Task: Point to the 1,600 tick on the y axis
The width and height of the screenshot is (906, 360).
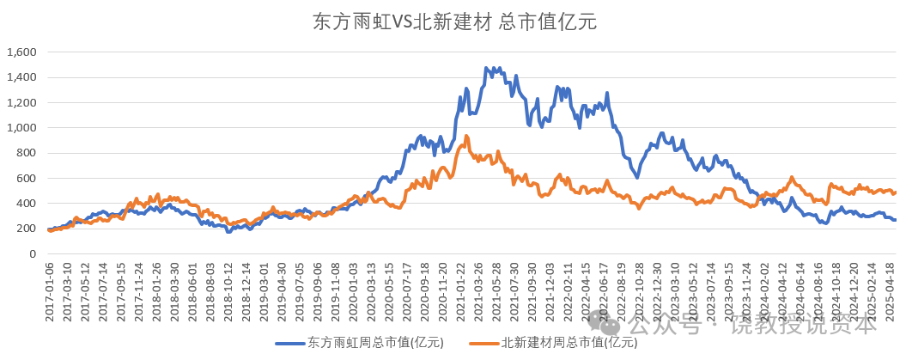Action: [x=21, y=52]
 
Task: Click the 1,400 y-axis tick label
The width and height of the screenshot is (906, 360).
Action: [x=21, y=77]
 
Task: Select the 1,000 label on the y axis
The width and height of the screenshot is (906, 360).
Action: [x=21, y=128]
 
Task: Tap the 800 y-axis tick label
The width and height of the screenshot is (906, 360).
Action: [x=27, y=153]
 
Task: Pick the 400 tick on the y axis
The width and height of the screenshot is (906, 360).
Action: [x=27, y=204]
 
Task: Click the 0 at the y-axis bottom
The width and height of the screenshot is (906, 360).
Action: [x=33, y=254]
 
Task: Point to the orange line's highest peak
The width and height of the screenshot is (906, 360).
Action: [x=466, y=136]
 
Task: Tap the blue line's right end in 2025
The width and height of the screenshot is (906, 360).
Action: [x=895, y=220]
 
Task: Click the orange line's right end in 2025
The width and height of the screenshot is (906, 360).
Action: [x=895, y=192]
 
